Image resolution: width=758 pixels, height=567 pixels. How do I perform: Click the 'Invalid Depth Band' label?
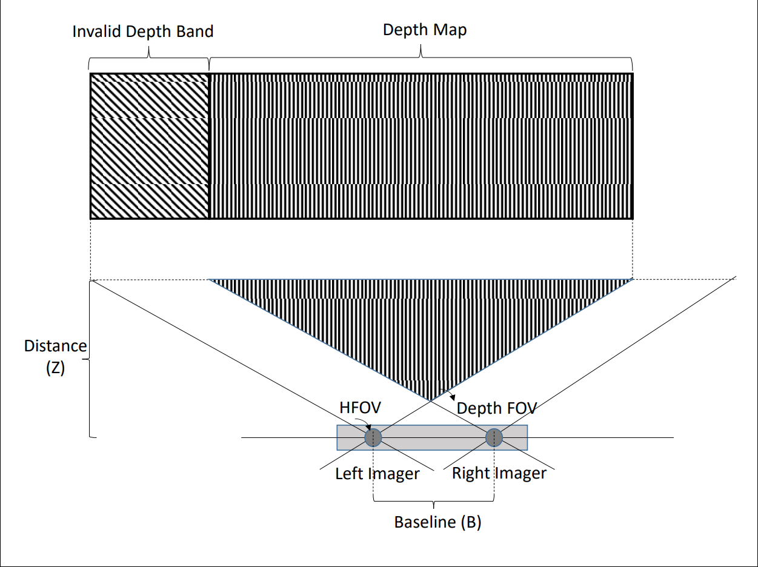(143, 31)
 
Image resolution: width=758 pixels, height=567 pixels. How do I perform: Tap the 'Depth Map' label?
(425, 30)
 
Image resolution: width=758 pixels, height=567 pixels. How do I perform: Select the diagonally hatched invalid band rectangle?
(150, 146)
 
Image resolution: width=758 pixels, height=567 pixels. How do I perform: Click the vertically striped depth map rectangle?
(421, 146)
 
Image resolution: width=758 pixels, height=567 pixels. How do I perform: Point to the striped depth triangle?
(424, 321)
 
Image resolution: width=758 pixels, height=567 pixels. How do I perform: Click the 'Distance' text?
(55, 346)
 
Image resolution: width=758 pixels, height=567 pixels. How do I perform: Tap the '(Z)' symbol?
(55, 368)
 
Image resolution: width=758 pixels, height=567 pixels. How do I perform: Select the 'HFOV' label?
(360, 407)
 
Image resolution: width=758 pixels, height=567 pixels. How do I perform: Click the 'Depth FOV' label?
(496, 408)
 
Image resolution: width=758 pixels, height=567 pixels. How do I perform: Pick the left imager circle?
(373, 437)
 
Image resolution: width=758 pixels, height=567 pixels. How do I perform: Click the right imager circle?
(494, 437)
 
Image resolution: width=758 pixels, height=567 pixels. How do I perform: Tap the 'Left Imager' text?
(377, 474)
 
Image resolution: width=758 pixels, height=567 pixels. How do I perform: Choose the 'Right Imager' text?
(499, 473)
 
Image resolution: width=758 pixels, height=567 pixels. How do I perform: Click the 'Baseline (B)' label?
(437, 522)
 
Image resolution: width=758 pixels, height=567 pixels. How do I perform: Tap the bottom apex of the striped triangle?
(431, 400)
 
